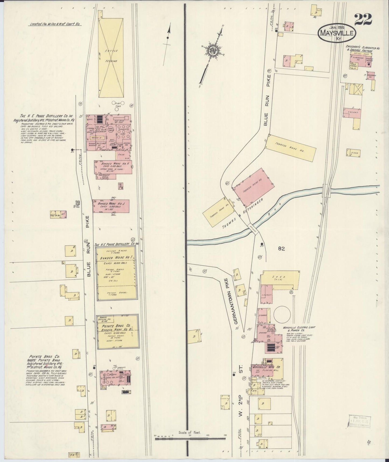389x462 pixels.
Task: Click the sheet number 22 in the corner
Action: click(363, 19)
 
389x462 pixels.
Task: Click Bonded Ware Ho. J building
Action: click(111, 206)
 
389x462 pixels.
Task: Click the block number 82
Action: click(282, 249)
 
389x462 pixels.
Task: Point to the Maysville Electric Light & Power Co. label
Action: click(299, 329)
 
